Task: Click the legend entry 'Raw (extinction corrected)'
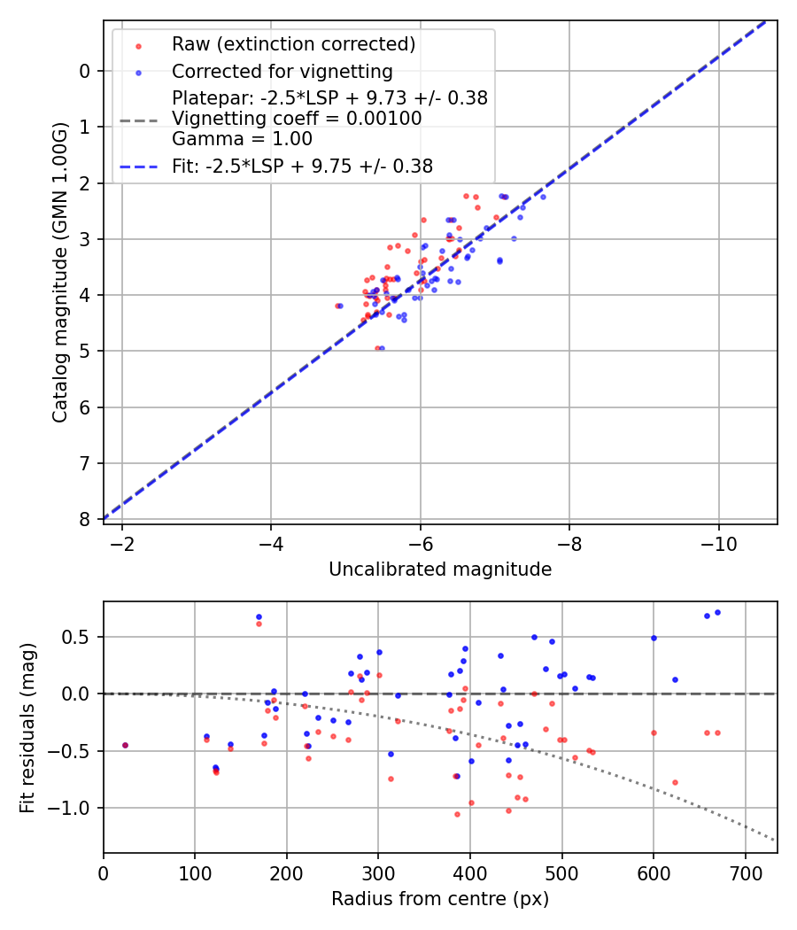tap(293, 44)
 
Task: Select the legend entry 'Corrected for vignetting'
tap(282, 71)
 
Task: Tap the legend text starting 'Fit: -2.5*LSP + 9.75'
tap(302, 166)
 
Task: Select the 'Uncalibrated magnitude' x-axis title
tap(440, 570)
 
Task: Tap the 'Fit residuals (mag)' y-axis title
tap(27, 727)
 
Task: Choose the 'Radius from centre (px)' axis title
tap(440, 899)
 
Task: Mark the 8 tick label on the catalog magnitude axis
tap(85, 519)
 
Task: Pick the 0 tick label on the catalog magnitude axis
tap(85, 71)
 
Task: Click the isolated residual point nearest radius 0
tap(125, 745)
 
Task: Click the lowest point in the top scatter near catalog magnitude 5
tap(381, 348)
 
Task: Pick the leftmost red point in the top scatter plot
tap(337, 306)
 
